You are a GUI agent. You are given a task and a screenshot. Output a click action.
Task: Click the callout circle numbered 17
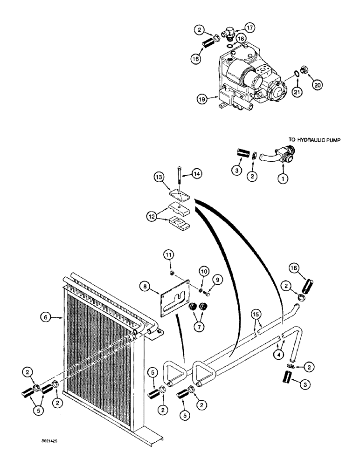click(250, 27)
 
